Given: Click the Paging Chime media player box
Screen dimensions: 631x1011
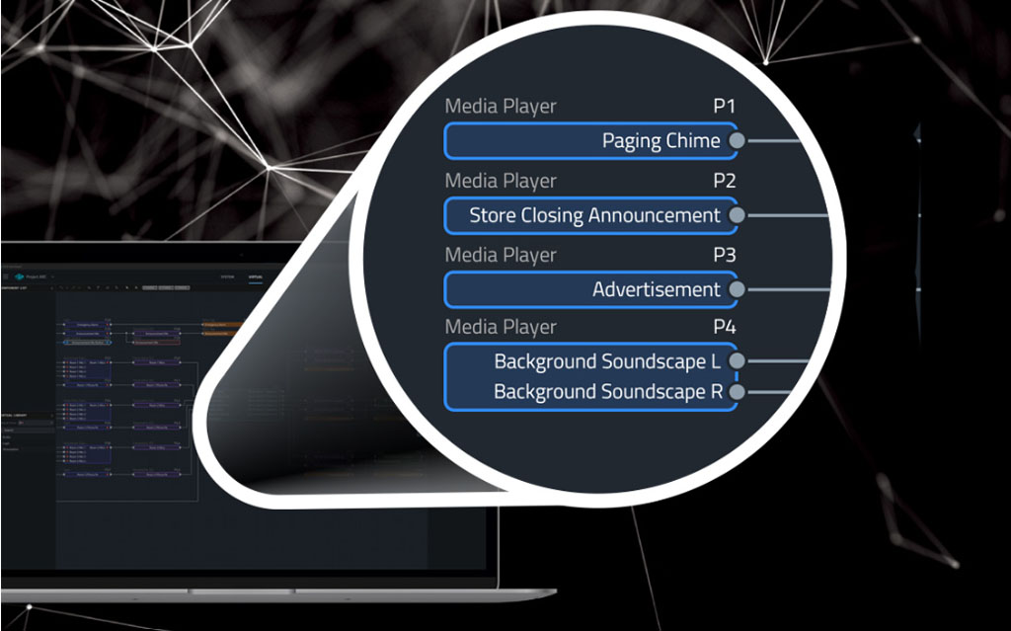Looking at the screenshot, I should point(590,141).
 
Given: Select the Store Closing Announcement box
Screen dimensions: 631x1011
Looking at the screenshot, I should point(590,215).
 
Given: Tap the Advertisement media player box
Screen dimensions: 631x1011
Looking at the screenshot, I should point(590,289).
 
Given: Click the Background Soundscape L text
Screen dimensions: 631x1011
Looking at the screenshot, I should point(600,362).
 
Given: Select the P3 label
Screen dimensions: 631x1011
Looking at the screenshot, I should point(725,255).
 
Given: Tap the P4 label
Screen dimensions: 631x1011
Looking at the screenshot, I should point(725,328).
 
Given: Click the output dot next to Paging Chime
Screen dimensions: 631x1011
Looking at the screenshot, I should point(737,141).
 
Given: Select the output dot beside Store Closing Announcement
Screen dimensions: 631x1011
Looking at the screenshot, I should point(737,215).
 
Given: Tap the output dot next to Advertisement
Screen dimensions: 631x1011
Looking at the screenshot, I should point(737,289).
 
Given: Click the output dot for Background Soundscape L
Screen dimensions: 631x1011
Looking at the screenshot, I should point(737,362).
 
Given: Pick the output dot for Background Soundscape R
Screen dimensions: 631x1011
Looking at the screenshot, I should point(737,392).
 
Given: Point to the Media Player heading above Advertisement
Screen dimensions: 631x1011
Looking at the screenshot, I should point(501,255).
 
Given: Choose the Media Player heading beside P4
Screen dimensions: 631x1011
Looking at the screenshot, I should point(501,328).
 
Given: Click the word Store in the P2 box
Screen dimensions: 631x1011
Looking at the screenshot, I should point(493,215).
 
